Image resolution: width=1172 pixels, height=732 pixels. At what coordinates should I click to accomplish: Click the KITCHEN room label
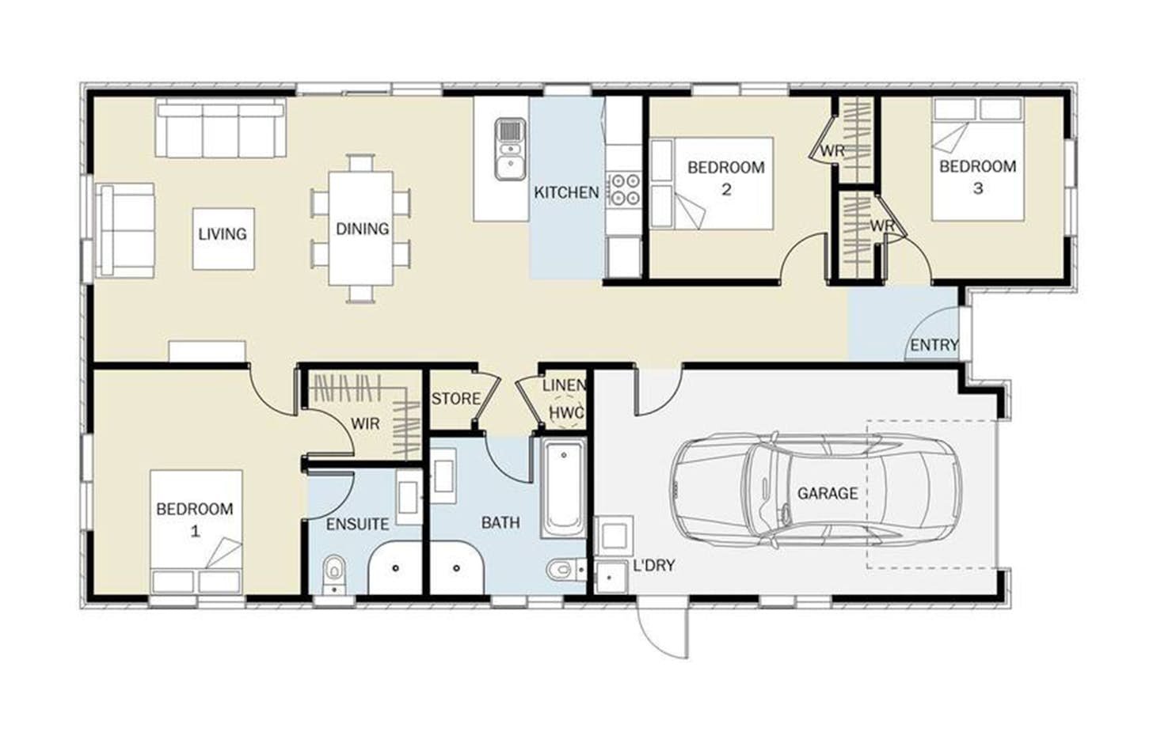tap(566, 192)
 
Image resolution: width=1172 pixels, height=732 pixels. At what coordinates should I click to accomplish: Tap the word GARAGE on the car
tap(828, 493)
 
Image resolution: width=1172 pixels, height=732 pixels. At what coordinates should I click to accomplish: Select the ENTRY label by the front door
tap(934, 345)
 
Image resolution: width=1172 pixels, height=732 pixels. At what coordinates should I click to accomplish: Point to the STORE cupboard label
tap(455, 399)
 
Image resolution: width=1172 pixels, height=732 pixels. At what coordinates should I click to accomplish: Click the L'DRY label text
tap(654, 565)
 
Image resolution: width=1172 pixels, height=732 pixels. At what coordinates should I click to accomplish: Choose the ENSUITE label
tap(357, 524)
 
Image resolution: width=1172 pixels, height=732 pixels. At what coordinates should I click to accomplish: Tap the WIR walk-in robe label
tap(365, 423)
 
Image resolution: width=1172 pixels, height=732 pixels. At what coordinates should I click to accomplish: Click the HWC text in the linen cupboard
tap(566, 412)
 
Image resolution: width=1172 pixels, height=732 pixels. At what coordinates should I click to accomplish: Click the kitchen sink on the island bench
tap(510, 149)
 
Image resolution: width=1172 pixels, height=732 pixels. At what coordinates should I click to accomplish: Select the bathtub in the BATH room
tap(564, 488)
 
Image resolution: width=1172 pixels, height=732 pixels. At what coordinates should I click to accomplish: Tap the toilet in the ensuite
tap(334, 574)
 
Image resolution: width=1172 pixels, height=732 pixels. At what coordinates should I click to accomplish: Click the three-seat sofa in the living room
tap(221, 127)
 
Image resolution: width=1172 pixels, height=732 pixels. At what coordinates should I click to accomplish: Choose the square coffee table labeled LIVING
tap(223, 239)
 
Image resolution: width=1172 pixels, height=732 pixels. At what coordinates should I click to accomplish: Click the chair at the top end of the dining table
tap(361, 162)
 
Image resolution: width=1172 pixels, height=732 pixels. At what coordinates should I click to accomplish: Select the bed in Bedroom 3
tap(977, 159)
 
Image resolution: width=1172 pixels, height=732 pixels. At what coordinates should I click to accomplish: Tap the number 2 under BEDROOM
tap(726, 189)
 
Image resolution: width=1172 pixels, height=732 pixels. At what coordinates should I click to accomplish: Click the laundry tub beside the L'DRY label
tap(611, 577)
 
